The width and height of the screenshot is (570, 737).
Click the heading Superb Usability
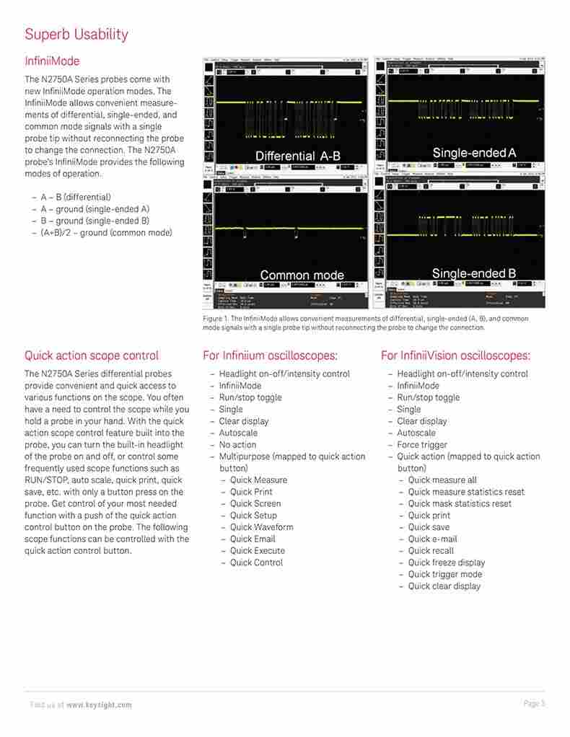coord(76,34)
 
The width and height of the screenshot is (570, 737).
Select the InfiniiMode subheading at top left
coord(52,61)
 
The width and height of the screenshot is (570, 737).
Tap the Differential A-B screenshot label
coord(297,156)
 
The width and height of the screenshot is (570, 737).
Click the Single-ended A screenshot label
coord(474,153)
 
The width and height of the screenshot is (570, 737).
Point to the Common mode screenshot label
coord(302,275)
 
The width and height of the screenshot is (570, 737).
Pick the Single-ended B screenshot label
coord(473,273)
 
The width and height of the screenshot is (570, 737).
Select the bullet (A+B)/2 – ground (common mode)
coord(106,232)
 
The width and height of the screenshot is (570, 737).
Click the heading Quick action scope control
coord(92,356)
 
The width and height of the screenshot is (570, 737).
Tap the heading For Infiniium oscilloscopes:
coord(270,356)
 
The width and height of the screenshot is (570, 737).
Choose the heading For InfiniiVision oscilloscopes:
coord(455,356)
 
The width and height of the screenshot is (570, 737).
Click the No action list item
coord(237,445)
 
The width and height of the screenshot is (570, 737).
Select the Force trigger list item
coord(422,445)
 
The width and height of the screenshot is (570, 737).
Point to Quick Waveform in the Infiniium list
coord(261,527)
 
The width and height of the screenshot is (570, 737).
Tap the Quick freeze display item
coord(447,562)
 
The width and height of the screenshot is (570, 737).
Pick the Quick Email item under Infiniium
coord(253,539)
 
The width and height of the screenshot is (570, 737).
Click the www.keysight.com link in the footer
coord(99,705)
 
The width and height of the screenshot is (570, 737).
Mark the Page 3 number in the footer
coord(533,703)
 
